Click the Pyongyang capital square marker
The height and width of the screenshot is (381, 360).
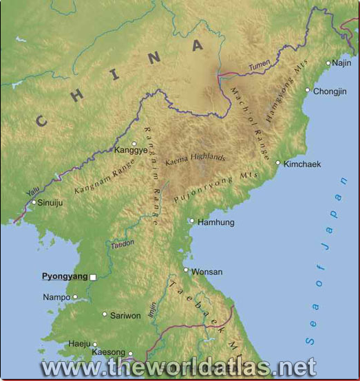pos(93,277)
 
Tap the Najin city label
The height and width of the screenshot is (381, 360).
pos(341,63)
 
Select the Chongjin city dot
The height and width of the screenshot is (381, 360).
pos(308,90)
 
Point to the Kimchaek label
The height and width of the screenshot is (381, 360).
pos(302,164)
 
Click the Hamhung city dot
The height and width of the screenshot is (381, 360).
pos(192,221)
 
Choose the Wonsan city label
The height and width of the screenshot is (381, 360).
pos(207,272)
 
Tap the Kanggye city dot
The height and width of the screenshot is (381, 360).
pos(134,144)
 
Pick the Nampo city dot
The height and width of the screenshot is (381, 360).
pos(75,298)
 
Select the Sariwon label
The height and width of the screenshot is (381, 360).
pos(125,316)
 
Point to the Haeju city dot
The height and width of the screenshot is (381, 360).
pos(95,345)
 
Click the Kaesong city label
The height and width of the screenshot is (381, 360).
pos(109,352)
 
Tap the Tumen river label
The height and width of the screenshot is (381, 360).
pos(260,65)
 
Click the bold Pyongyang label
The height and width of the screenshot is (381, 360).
pos(65,276)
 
